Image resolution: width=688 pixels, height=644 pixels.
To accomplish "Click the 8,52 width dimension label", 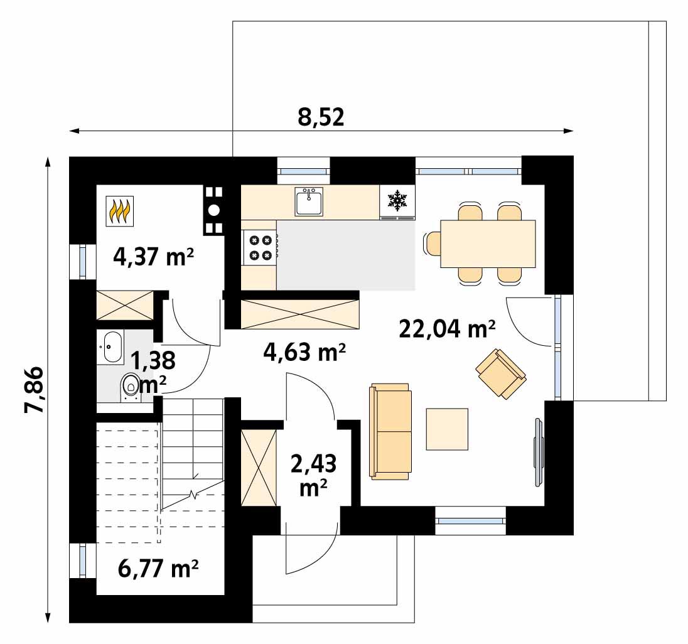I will click(x=321, y=117).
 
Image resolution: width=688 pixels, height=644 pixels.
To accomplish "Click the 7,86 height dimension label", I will click(x=35, y=389).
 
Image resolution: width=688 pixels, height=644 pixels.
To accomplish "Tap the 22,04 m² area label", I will click(x=447, y=328).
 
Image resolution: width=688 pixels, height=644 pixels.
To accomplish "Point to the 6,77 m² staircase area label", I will click(x=158, y=569).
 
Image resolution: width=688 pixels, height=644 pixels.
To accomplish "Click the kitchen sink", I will click(x=308, y=201).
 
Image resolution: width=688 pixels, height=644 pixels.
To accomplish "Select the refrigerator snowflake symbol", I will click(x=397, y=201).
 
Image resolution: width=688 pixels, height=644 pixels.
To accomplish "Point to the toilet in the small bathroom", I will click(x=131, y=387).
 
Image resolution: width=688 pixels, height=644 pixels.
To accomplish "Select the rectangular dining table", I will click(x=488, y=244).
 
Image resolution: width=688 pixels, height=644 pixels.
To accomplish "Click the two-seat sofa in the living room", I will click(x=390, y=431).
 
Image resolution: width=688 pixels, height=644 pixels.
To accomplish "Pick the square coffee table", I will click(x=447, y=429).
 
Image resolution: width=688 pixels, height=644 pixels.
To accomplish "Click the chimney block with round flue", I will click(x=213, y=210).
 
